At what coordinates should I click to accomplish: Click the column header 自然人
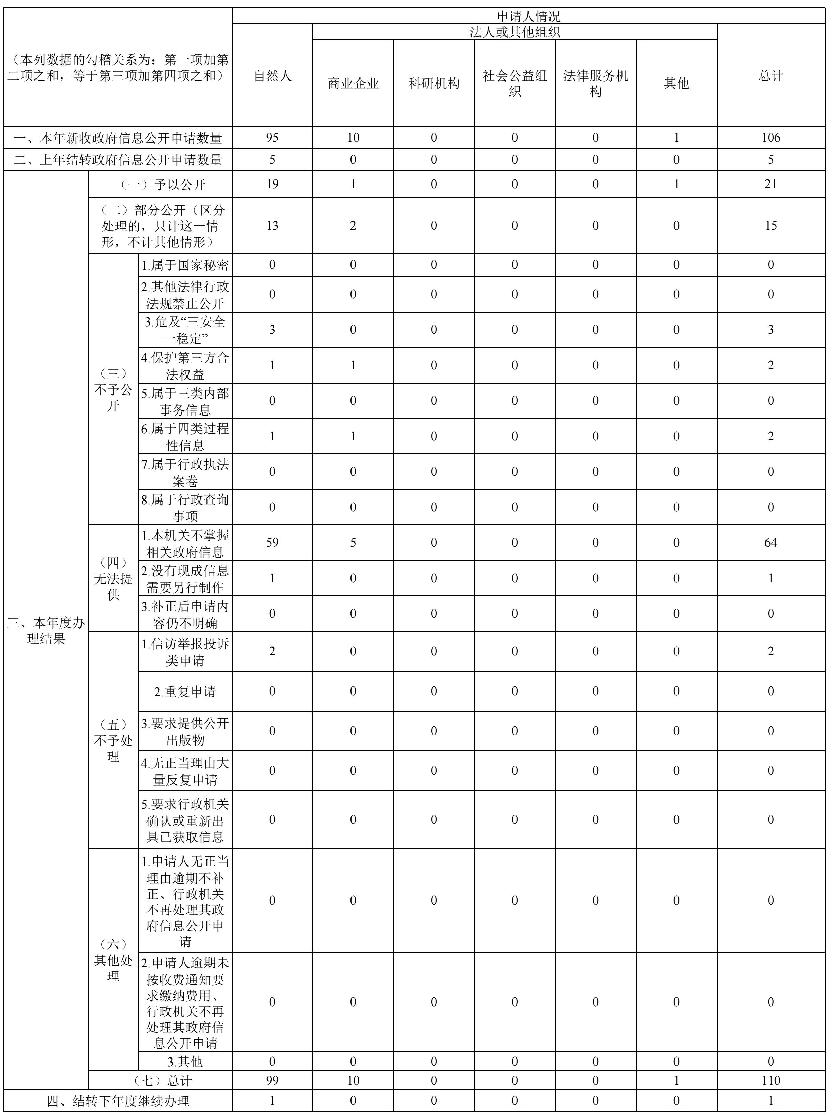click(272, 76)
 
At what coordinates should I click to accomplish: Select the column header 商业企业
click(353, 83)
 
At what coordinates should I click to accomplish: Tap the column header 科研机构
click(434, 83)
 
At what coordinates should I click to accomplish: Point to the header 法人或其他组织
click(515, 32)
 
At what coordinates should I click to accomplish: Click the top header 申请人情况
click(528, 17)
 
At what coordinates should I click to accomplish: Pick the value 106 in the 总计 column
click(771, 138)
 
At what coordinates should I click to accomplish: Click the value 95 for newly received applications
click(272, 138)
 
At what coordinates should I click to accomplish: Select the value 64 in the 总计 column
click(771, 543)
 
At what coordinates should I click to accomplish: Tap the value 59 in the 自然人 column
click(272, 543)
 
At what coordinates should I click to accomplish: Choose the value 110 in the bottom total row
click(771, 1080)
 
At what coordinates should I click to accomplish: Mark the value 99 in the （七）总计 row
click(272, 1080)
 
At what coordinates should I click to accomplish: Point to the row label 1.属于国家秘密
click(185, 265)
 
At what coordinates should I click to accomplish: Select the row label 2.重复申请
click(185, 691)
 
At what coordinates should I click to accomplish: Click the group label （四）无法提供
click(113, 578)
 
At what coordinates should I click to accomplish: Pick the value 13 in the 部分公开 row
click(272, 225)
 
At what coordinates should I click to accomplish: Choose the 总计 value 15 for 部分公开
click(771, 225)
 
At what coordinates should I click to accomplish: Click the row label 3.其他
click(185, 1061)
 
